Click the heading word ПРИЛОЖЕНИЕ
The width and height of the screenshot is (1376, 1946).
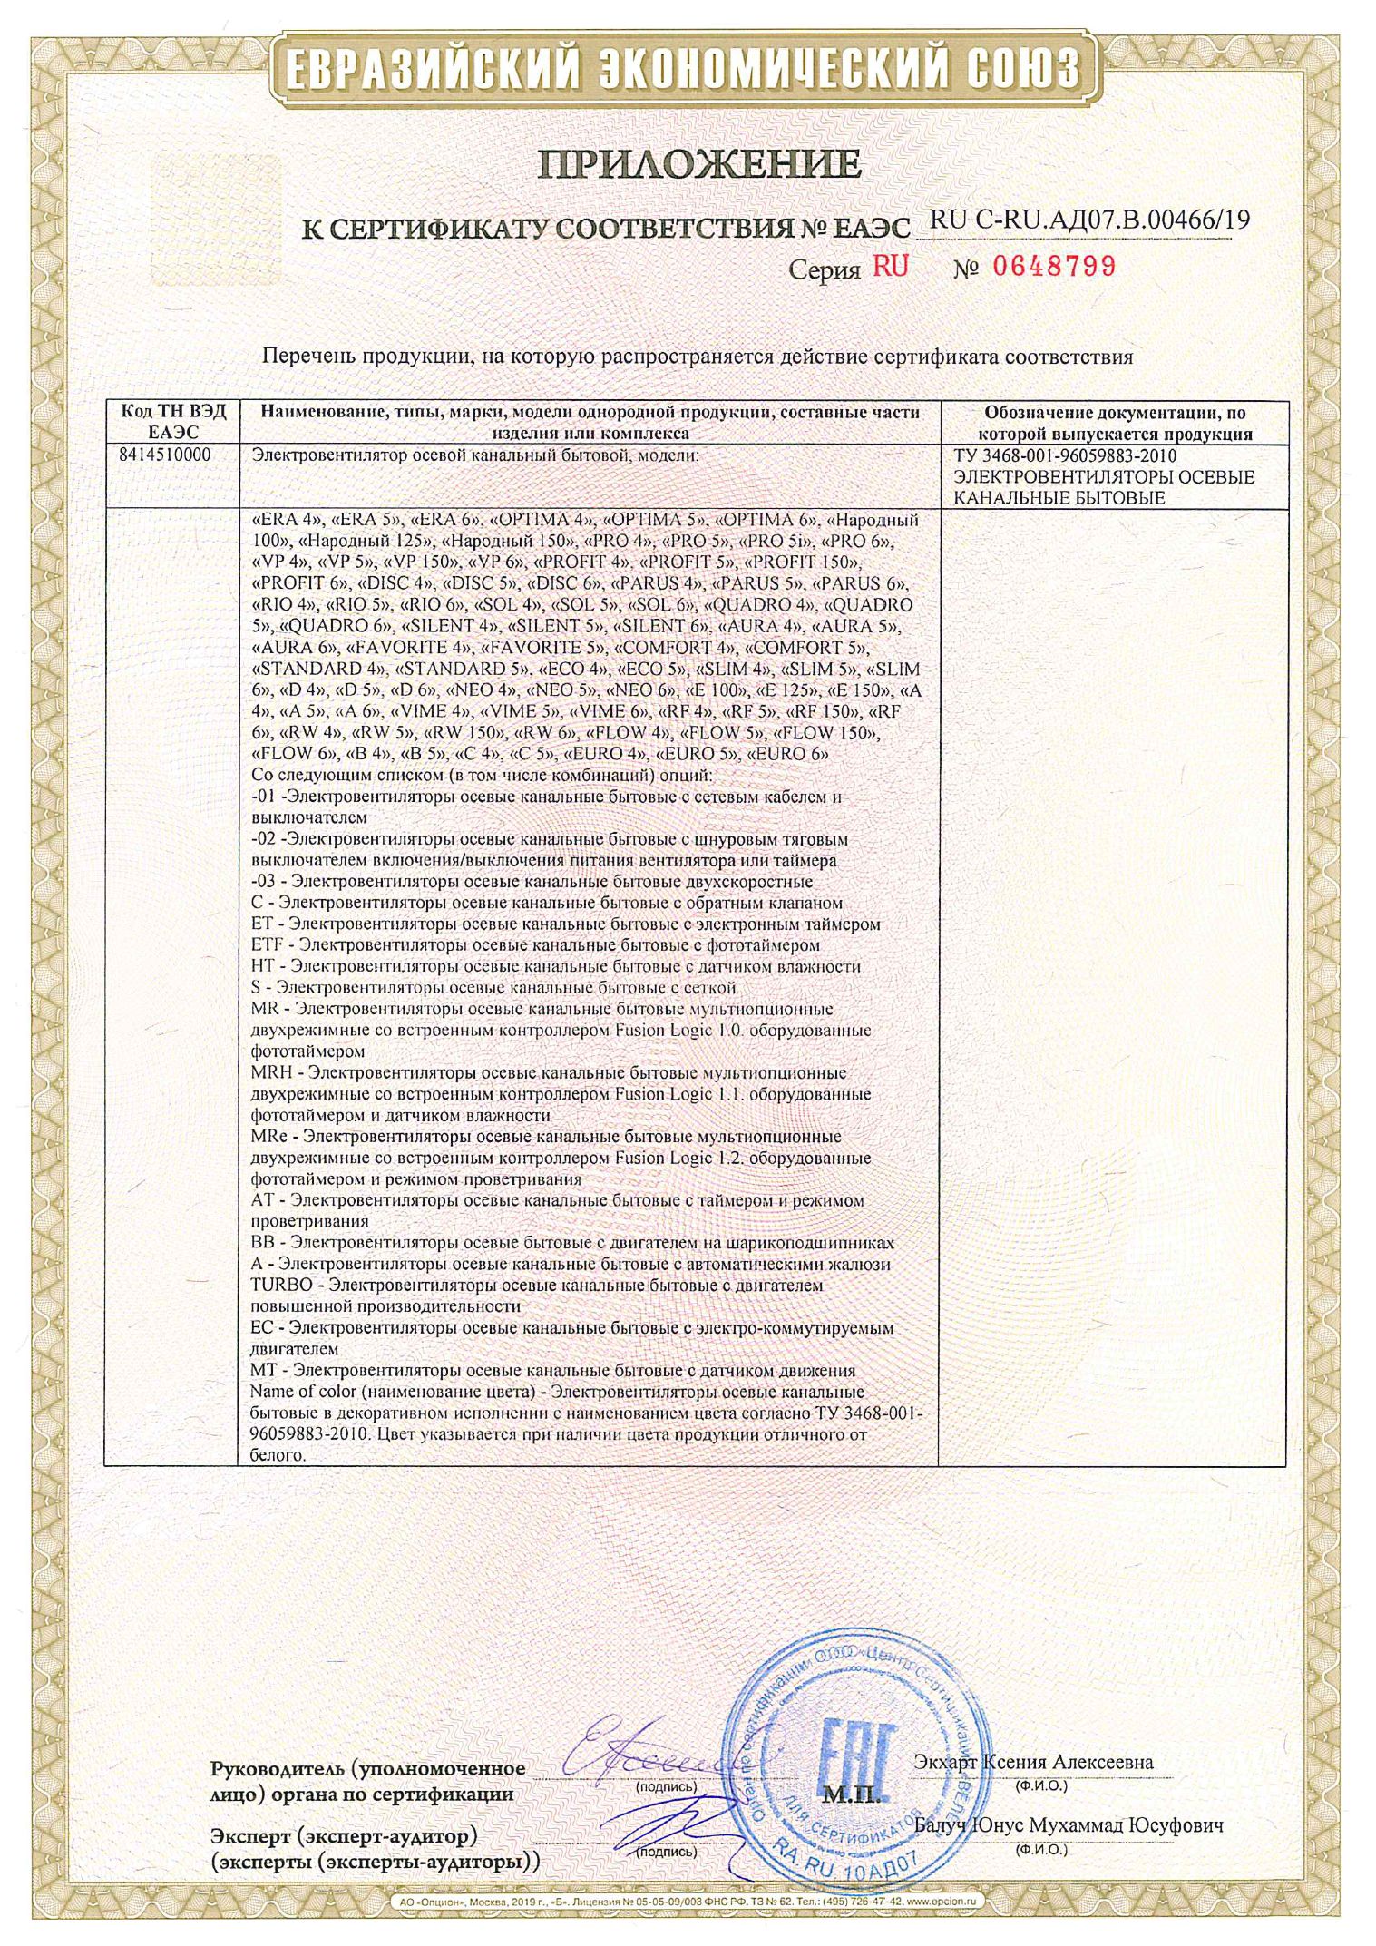pos(698,163)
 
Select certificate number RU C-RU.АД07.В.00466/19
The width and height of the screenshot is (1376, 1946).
pos(1088,220)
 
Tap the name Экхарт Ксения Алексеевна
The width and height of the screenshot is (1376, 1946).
pos(1033,1762)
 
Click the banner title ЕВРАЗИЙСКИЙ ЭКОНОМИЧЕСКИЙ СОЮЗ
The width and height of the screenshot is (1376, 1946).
pos(687,68)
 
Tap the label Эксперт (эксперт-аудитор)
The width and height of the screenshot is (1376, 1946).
pos(345,1837)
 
